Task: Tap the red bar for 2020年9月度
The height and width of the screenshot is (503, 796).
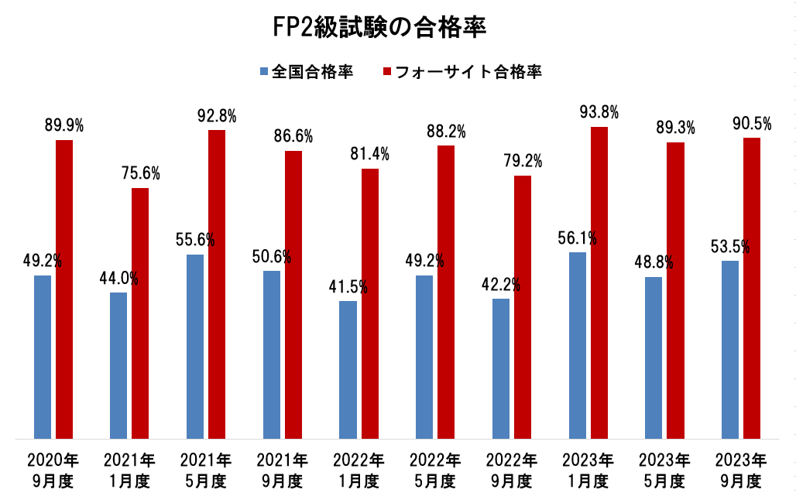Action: [x=63, y=289]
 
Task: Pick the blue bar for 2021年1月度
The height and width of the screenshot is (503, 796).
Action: [x=118, y=365]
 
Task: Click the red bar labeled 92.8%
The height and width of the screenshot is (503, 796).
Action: [x=217, y=284]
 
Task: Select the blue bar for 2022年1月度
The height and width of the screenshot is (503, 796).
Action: [x=348, y=370]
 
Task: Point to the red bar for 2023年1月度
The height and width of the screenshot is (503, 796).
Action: [x=599, y=282]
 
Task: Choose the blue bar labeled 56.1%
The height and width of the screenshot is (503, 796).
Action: [x=577, y=345]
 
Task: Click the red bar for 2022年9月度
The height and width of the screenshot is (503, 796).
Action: [x=523, y=307]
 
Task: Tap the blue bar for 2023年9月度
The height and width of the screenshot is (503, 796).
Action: [x=729, y=350]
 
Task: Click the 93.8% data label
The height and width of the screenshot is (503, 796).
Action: [x=599, y=113]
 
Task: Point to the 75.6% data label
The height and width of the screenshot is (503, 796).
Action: [x=140, y=174]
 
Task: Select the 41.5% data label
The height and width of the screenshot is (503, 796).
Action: [x=348, y=287]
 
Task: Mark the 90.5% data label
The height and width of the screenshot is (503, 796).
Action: [x=752, y=124]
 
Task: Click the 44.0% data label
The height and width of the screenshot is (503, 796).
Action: [x=118, y=279]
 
